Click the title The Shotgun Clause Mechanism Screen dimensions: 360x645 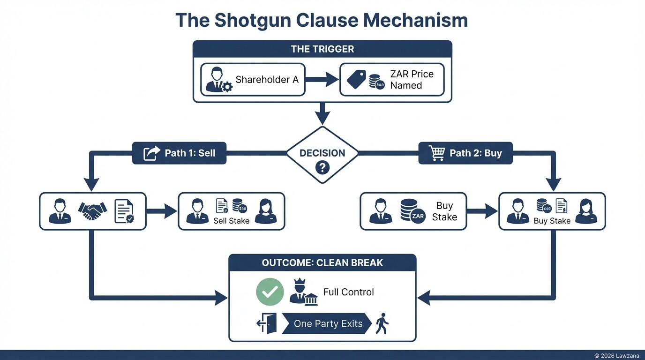coord(322,21)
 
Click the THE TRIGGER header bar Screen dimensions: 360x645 coord(322,49)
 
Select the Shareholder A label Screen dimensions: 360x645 coord(267,80)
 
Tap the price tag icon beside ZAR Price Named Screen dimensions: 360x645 coord(356,80)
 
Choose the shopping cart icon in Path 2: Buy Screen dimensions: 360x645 coord(436,153)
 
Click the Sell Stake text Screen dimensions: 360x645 coord(231,221)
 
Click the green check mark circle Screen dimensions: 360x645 coord(270,292)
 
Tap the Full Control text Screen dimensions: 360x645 coord(348,292)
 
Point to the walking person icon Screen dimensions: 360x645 coord(382,323)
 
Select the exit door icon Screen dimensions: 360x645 coord(267,323)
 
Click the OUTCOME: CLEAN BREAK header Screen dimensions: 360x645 coord(322,262)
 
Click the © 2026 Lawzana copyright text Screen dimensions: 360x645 coord(617,356)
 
